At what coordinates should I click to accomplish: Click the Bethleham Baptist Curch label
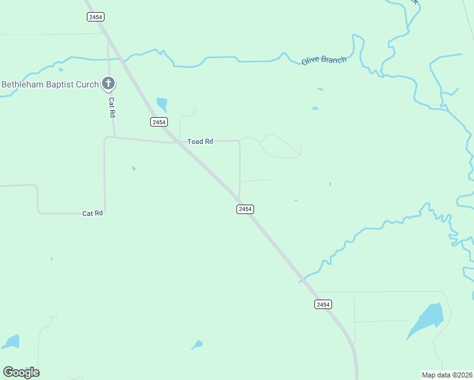pos(50,84)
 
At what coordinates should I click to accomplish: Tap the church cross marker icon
pos(108,83)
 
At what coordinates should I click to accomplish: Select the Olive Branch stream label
pos(324,60)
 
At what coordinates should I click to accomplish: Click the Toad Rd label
pos(200,141)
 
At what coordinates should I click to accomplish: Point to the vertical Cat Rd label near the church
pos(112,107)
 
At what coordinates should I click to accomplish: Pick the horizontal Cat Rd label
pos(93,213)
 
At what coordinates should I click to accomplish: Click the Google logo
pos(21,372)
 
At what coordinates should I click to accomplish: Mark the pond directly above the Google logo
pos(11,342)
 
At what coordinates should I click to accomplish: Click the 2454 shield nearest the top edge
pos(96,17)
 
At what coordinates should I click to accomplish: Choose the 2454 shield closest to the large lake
pos(323,305)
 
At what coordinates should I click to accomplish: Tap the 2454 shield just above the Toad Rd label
pos(158,122)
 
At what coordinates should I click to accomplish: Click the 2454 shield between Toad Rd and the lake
pos(245,209)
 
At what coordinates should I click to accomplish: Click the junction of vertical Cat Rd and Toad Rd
pos(115,137)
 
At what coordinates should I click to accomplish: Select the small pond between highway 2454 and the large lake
pos(198,345)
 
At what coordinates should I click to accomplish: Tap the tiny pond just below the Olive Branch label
pos(315,108)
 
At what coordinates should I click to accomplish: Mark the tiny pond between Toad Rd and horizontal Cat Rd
pos(133,168)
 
